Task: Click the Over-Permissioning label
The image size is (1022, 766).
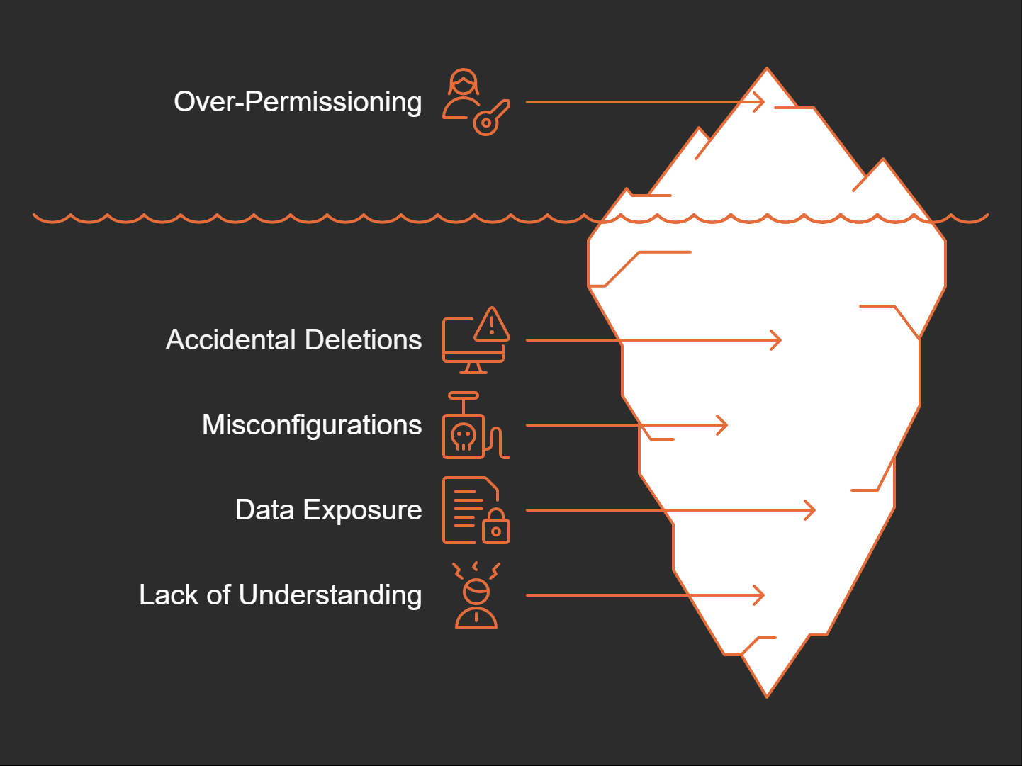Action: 298,102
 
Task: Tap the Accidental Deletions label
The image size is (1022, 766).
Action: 293,340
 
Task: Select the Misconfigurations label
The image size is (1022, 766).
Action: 312,425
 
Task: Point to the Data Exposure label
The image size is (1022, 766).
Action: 328,510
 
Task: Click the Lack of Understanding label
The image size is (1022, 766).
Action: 280,595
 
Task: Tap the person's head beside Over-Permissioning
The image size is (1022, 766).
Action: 463,83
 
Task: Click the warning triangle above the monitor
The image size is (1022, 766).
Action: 492,325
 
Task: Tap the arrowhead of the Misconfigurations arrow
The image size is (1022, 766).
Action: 724,425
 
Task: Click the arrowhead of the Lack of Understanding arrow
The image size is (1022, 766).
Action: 760,595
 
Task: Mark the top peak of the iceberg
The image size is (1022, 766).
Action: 767,71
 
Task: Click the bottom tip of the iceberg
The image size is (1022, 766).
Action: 767,694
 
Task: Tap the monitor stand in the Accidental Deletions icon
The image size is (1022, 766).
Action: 473,368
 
